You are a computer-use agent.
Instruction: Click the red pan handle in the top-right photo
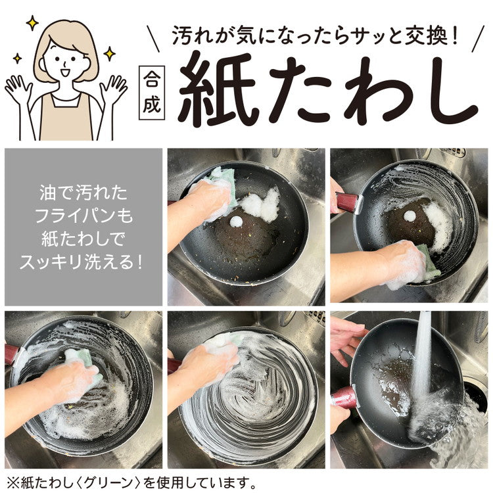(347, 202)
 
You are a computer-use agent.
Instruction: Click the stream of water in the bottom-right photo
(421, 368)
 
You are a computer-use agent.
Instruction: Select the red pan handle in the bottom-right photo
(344, 398)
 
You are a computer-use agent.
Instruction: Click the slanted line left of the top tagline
(155, 37)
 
